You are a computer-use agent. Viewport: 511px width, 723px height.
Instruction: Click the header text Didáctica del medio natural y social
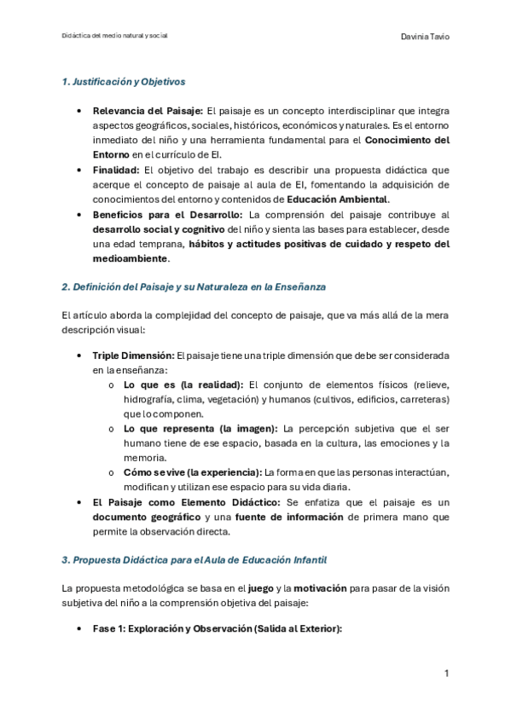pyautogui.click(x=115, y=37)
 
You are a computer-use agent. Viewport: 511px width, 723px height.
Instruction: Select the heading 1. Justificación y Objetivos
pyautogui.click(x=124, y=82)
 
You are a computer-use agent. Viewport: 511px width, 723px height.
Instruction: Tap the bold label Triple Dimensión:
pyautogui.click(x=133, y=354)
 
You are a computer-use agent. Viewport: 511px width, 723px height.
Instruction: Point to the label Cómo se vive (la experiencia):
pyautogui.click(x=193, y=471)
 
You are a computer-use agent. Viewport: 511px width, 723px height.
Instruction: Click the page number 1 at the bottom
pyautogui.click(x=446, y=674)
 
